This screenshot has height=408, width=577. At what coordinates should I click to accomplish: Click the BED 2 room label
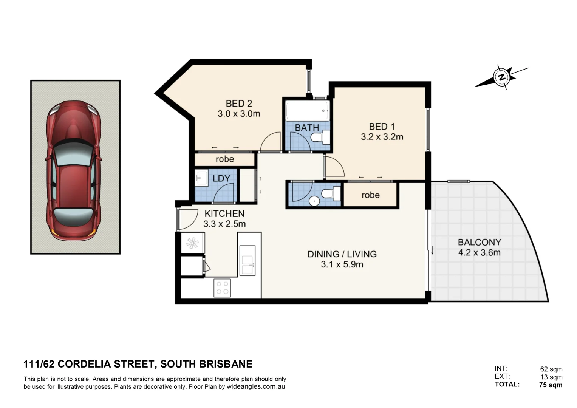point(239,104)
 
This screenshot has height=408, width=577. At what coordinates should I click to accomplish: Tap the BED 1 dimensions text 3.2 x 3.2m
point(382,137)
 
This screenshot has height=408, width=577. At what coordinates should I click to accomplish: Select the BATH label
point(307,128)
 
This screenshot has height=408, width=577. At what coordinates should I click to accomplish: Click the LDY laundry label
point(221,178)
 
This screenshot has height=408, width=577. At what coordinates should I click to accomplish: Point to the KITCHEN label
point(224,213)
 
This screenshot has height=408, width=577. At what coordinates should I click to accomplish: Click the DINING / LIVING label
point(342,254)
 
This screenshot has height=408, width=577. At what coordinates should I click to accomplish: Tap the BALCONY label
point(480,242)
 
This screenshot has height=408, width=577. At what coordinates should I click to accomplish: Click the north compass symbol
point(501,77)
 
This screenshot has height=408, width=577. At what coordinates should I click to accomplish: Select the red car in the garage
point(74,171)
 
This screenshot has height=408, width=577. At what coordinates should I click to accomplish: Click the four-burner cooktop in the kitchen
point(222,287)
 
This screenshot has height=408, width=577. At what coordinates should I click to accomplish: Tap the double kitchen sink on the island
point(248,260)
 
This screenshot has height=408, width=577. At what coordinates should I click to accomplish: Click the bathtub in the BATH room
point(307,110)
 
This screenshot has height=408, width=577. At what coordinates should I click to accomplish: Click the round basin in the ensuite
point(314,201)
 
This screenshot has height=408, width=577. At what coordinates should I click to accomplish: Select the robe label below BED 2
point(225,159)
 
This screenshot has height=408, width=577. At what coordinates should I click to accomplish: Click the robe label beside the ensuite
point(370,195)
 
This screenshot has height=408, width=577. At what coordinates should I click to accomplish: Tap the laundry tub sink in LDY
point(201,178)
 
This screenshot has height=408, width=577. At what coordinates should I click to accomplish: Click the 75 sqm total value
point(551,385)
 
